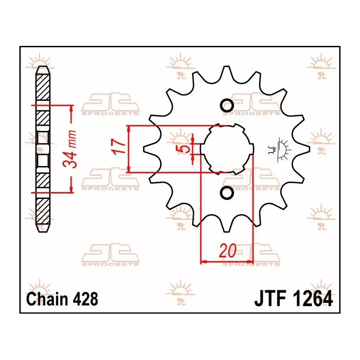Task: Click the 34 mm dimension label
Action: pos(70,149)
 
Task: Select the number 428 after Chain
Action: pos(85,299)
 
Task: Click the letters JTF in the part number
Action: pos(270,299)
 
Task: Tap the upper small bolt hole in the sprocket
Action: pos(227,105)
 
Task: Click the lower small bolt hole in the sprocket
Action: pos(227,192)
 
